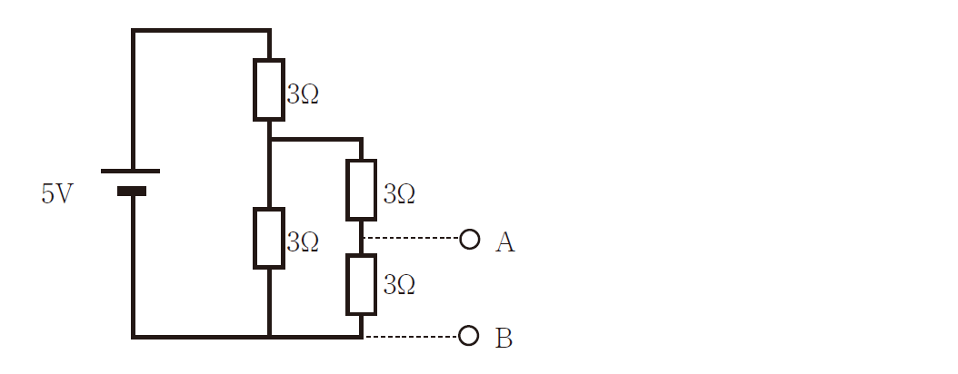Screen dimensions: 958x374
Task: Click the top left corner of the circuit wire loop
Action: click(134, 30)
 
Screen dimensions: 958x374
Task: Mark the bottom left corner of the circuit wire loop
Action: click(134, 336)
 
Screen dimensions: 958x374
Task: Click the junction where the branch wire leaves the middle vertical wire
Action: click(269, 140)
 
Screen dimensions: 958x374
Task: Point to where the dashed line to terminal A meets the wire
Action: click(362, 237)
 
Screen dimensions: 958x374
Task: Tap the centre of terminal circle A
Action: click(469, 239)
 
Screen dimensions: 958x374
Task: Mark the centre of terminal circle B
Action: click(469, 335)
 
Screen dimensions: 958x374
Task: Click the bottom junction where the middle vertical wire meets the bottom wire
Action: click(269, 336)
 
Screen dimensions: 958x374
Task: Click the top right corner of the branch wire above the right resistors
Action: click(362, 140)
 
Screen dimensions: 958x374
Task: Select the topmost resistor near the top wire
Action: click(269, 90)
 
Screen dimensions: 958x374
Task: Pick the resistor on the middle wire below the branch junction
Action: click(269, 238)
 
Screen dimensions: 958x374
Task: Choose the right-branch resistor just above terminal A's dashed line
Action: click(362, 190)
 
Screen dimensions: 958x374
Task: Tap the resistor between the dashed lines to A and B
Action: click(362, 285)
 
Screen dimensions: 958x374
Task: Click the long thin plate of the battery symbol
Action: click(130, 172)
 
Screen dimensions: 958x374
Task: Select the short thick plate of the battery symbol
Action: click(132, 191)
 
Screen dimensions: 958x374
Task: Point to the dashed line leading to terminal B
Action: click(411, 336)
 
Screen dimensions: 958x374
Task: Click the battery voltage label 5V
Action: click(57, 194)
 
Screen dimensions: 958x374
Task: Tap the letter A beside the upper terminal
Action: click(505, 242)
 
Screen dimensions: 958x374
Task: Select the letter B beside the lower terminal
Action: click(504, 339)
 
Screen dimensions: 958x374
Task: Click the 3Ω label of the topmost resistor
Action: click(303, 94)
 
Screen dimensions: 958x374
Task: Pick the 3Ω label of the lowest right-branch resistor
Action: click(400, 285)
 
